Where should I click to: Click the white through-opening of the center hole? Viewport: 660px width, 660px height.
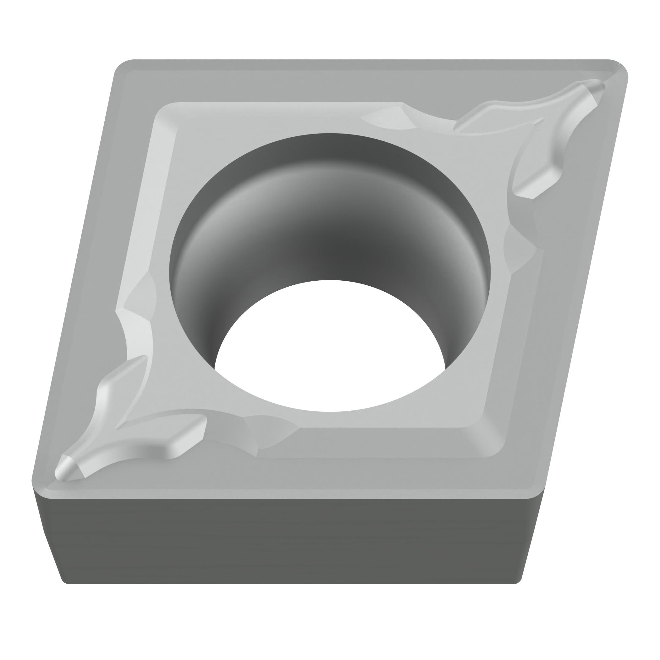[x=330, y=345]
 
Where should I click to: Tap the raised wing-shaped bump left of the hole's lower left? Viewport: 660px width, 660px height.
[x=116, y=386]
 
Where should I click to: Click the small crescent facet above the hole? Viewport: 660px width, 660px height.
[x=389, y=118]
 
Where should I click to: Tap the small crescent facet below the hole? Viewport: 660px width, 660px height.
[x=270, y=431]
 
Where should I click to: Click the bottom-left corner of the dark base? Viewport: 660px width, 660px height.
[x=67, y=581]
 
